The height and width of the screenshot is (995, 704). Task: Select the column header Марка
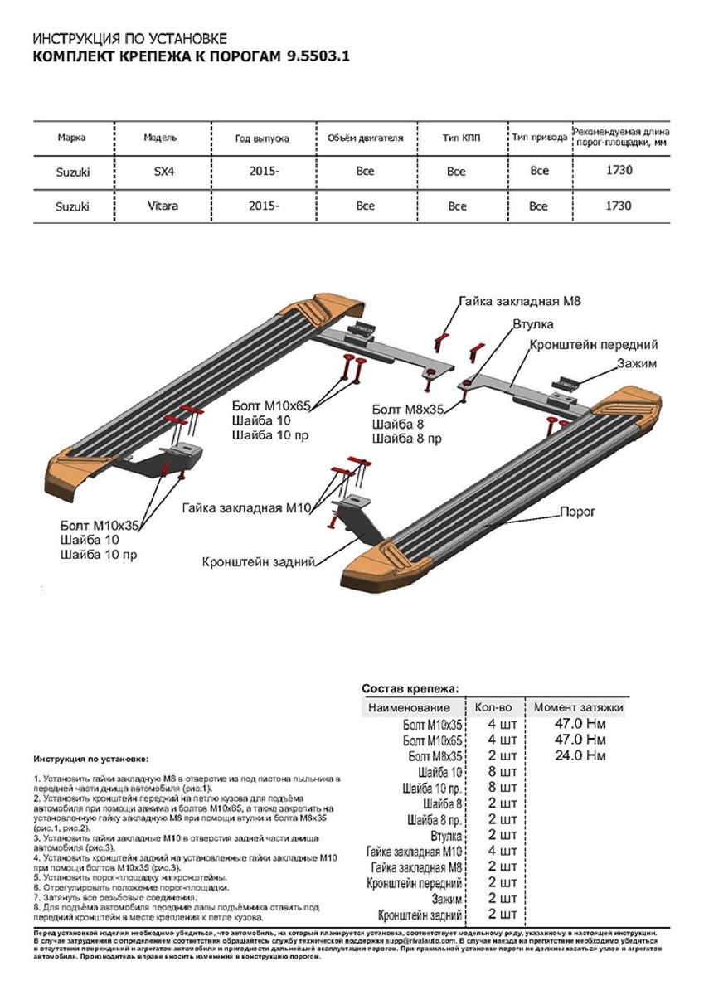point(72,138)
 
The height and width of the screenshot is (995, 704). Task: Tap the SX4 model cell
point(159,172)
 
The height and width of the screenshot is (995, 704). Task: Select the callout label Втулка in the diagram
point(532,324)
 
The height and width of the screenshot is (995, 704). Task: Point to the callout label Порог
point(577,512)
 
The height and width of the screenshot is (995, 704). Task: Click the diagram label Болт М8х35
point(408,409)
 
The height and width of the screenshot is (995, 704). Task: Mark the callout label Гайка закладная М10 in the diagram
point(245,507)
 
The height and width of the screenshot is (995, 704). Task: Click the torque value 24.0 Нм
point(579,755)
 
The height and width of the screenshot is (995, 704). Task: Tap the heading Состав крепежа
point(415,689)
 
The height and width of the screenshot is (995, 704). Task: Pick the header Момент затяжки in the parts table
point(578,707)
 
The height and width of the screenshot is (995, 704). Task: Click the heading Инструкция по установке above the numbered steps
point(91,759)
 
